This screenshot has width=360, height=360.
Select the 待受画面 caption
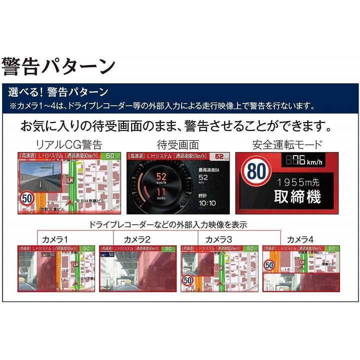coord(178,145)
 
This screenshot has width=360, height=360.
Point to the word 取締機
coord(297,196)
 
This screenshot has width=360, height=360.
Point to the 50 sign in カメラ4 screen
coord(269,265)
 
